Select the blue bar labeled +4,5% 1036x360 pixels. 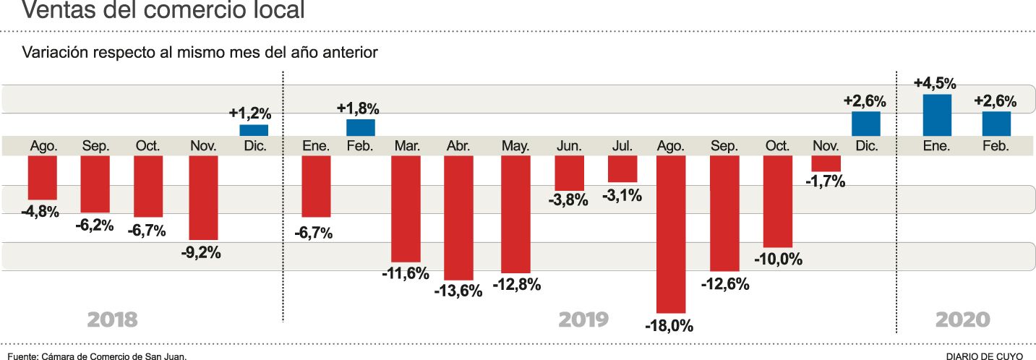937,114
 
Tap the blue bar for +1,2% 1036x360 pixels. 254,130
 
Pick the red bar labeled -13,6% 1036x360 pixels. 458,217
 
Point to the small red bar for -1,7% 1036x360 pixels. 826,163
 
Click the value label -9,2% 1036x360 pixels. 201,253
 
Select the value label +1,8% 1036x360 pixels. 358,108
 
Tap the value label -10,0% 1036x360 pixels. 778,259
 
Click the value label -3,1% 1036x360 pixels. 622,194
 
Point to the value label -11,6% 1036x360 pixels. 406,273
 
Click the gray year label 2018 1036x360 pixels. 112,320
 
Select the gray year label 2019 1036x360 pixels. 584,320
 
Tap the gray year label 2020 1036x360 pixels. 962,320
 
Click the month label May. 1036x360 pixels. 515,146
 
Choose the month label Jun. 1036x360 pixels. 569,146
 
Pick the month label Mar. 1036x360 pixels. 407,146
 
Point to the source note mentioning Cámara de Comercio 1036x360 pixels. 98,356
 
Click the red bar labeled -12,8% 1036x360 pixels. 515,214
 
